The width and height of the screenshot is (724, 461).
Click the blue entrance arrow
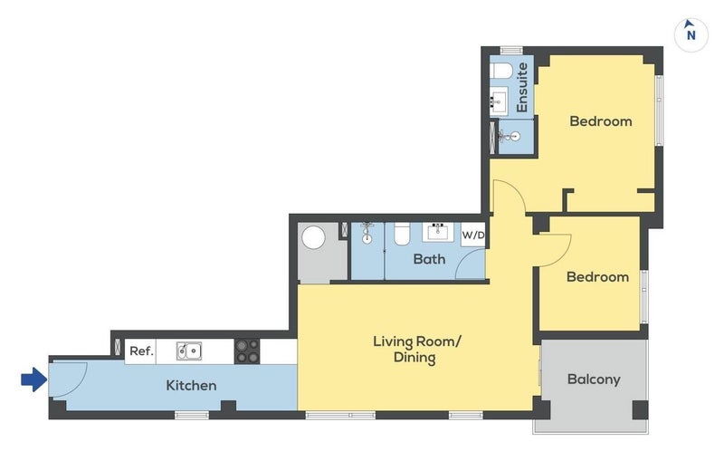pos(34,379)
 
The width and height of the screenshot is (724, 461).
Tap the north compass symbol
pos(691,34)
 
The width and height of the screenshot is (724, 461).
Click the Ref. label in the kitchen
pos(141,351)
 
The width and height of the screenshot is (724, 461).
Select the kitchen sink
pos(189,351)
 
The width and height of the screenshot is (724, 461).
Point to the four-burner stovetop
pos(247,351)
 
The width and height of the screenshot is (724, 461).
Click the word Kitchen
pos(191,385)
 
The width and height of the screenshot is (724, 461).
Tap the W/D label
pos(473,235)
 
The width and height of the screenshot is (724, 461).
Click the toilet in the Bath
pos(402,234)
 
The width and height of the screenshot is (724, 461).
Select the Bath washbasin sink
pos(437,232)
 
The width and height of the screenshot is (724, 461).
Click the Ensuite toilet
pos(500,71)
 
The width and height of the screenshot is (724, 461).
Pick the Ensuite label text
pos(522,87)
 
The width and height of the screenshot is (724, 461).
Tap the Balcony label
pos(594,379)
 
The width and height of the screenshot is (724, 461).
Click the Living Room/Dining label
pos(417,350)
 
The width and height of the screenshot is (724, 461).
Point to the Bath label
pos(429,259)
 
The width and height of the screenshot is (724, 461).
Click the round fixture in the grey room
pos(313,237)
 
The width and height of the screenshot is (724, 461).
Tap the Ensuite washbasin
pos(499,100)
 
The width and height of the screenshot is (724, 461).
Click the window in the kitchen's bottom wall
pos(192,416)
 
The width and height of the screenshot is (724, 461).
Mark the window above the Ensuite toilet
pos(511,50)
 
